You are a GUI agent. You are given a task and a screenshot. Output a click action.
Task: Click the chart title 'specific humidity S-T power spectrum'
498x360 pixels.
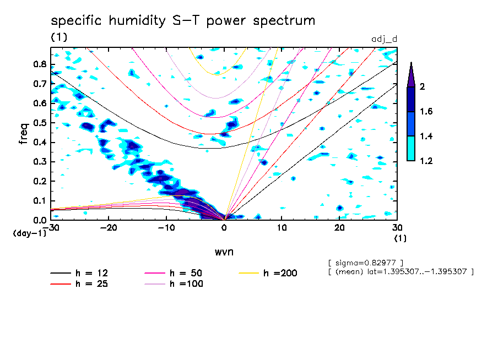pyautogui.click(x=183, y=21)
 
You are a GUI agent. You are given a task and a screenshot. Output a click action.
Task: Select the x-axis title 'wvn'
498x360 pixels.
pyautogui.click(x=224, y=252)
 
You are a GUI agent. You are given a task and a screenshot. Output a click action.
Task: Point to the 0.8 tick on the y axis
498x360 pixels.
pyautogui.click(x=40, y=64)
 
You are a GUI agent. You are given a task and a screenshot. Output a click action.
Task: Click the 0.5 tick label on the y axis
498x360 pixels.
pyautogui.click(x=40, y=123)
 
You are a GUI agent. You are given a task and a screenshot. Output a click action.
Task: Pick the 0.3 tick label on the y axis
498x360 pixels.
pyautogui.click(x=40, y=162)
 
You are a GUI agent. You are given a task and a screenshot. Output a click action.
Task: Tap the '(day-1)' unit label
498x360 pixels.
pyautogui.click(x=29, y=233)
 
